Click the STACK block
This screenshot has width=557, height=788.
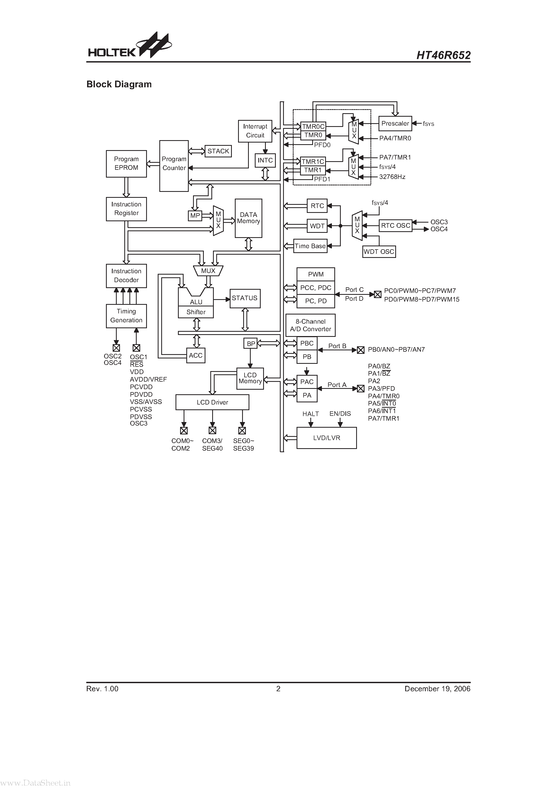pos(218,151)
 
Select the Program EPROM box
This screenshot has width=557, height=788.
pos(126,164)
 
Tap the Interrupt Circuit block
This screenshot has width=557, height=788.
pos(255,131)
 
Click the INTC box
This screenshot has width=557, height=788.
pos(265,160)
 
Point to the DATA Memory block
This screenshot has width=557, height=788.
pos(248,218)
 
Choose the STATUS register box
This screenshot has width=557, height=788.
pos(245,298)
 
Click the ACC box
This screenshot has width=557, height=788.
pos(196,355)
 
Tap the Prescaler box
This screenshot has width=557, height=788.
pos(395,123)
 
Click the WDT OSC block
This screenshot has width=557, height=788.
pos(379,251)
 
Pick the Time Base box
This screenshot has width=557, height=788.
pos(310,246)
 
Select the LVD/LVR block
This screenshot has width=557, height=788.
pos(326,438)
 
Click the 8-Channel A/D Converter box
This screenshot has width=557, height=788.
pos(310,325)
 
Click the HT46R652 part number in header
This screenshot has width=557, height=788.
pos(443,55)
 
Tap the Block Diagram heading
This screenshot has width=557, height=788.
pos(119,84)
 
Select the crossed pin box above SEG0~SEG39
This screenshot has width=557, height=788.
pos(242,430)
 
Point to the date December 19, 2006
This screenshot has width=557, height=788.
pos(437,689)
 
